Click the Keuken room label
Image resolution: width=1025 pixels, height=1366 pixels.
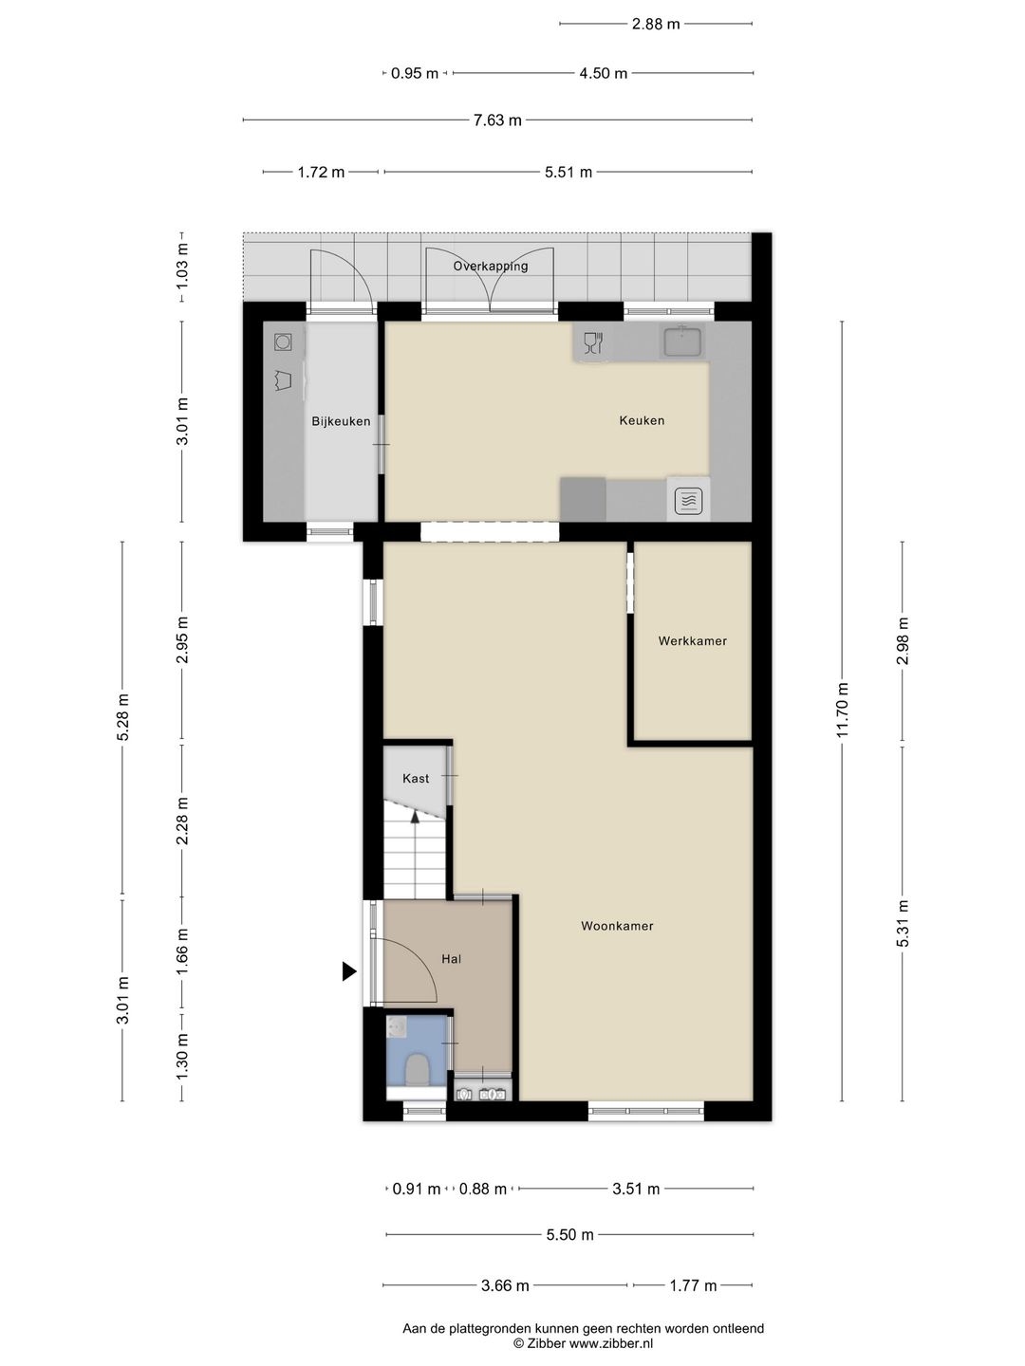(642, 420)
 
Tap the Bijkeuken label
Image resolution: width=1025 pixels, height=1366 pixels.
(341, 421)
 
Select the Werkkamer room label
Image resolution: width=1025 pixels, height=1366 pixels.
(693, 641)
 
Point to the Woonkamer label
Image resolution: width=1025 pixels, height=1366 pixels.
(617, 926)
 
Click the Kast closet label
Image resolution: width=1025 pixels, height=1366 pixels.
(416, 779)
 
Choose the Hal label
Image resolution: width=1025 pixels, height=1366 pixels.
(452, 959)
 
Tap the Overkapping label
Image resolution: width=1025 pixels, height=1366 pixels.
(491, 267)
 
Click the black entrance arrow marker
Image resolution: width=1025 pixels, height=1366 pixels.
(349, 971)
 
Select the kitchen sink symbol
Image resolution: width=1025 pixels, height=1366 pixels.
(682, 341)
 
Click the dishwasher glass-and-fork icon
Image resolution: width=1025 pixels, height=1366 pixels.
(594, 342)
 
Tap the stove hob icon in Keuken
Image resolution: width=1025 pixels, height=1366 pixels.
(688, 500)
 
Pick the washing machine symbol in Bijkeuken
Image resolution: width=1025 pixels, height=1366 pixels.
(283, 341)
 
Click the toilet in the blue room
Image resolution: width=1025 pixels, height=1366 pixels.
(417, 1070)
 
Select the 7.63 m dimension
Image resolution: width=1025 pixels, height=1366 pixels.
(497, 120)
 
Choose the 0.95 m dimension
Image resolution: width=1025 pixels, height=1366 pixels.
(415, 73)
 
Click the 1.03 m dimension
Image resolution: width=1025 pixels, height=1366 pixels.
(181, 267)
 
